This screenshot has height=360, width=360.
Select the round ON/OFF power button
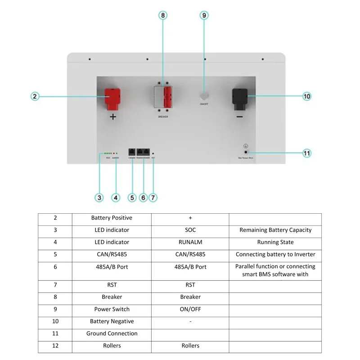coord(204,96)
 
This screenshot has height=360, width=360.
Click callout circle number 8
coord(163,15)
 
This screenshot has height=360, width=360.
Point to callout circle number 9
coord(204,15)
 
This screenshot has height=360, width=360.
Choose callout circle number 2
coord(36,96)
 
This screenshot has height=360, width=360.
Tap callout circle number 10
coord(307,96)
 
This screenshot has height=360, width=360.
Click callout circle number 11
coord(307,153)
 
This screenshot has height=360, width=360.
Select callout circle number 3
coord(99,197)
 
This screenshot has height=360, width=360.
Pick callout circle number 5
coord(132,197)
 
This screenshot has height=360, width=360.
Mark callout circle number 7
coord(153,197)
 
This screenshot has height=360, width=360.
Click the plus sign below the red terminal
coord(112,117)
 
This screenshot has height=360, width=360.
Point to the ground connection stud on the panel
coord(246,153)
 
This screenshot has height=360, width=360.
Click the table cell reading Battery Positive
coord(112,218)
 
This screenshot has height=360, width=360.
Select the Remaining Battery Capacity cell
coord(275,230)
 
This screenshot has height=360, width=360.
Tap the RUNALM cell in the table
coord(190,242)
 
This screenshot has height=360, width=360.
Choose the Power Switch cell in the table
coord(112,309)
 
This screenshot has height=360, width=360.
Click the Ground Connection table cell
coord(112,333)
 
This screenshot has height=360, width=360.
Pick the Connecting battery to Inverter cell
coord(275,254)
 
